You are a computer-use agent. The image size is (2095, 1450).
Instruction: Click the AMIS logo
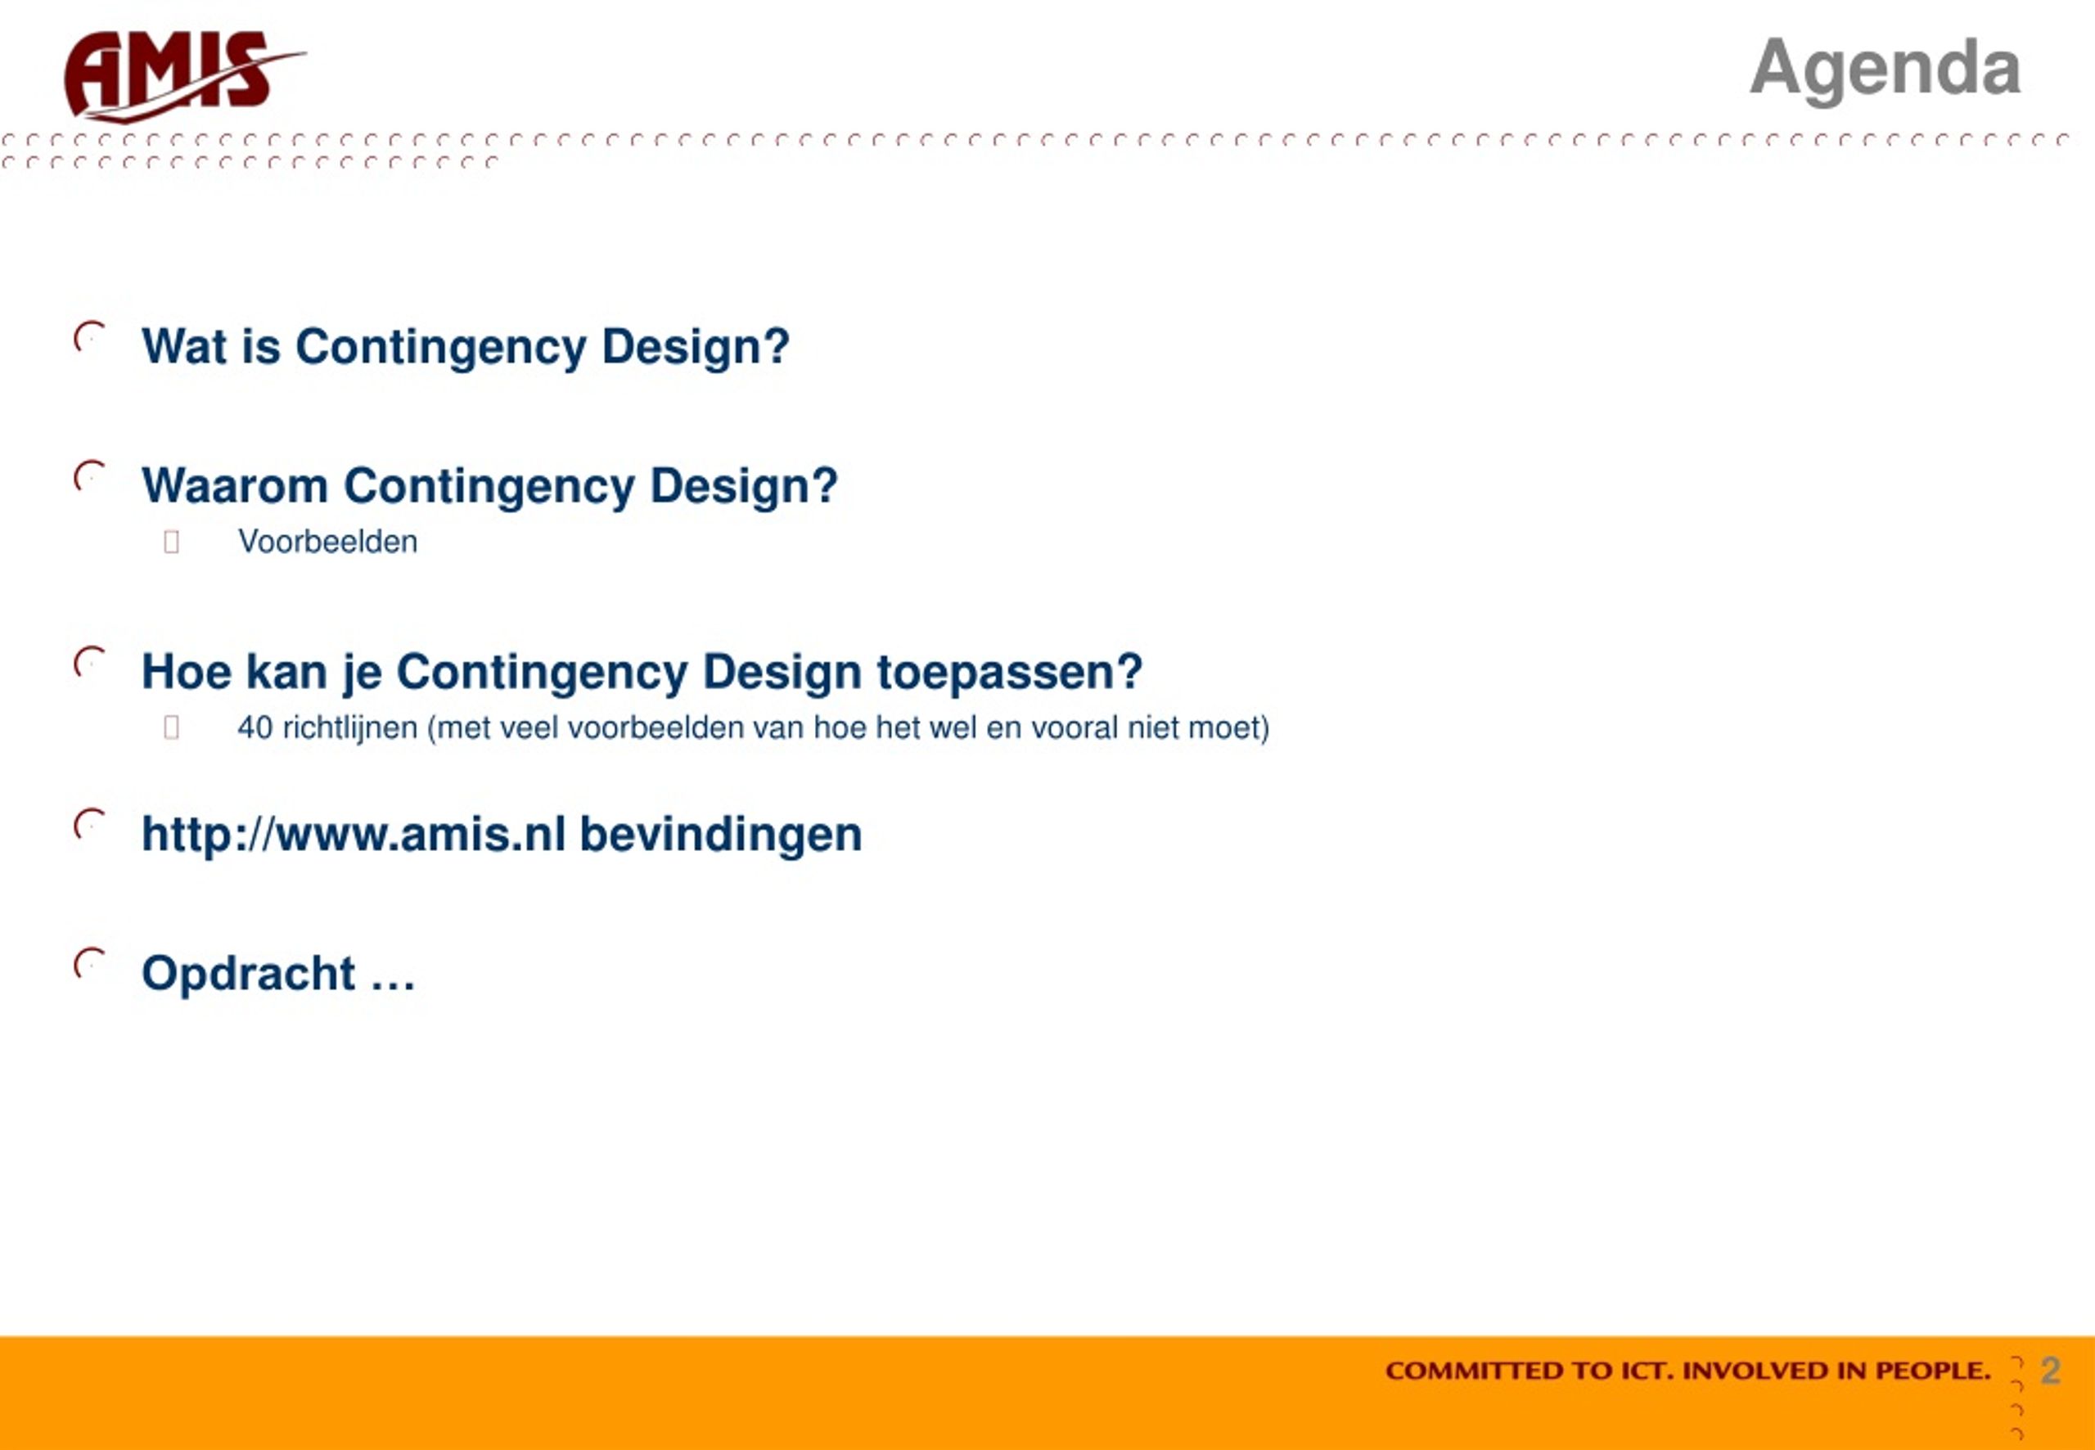coord(184,76)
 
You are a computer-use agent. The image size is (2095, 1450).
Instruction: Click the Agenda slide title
coord(1885,69)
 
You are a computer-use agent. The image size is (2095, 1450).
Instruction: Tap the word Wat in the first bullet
coord(184,346)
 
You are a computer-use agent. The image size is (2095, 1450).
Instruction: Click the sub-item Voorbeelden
coord(328,542)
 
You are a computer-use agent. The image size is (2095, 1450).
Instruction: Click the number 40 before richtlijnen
coord(255,727)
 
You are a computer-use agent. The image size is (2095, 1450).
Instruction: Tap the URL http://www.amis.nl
coord(354,834)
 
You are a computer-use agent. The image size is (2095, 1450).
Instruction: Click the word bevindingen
coord(720,835)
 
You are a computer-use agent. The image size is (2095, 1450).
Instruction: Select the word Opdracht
coord(248,974)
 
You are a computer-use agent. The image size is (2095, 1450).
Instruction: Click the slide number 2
coord(2051,1370)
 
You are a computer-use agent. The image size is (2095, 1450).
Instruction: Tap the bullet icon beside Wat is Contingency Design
coord(89,337)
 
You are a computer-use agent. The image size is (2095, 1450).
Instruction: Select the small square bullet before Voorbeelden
coord(171,543)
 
